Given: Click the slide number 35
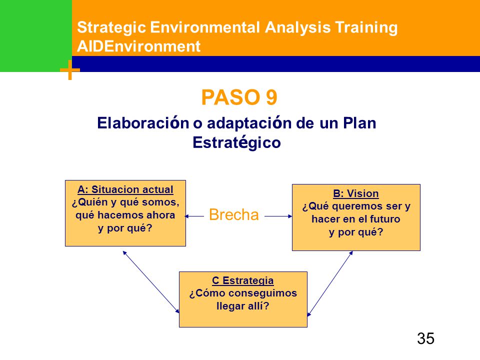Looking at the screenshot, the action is tap(425, 338).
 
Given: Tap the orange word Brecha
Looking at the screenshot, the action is tap(234, 214).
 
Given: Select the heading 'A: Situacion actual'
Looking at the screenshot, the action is tap(125, 189).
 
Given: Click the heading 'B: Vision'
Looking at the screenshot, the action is tap(355, 193).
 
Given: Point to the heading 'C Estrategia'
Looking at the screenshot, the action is tap(243, 280).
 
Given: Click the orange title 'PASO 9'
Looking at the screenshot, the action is tap(239, 97).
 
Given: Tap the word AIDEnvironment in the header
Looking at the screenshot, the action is tap(138, 46).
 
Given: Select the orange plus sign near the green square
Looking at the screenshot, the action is tap(70, 70).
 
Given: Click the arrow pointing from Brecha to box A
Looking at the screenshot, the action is tap(194, 216).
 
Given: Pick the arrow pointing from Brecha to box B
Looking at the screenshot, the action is tap(278, 216).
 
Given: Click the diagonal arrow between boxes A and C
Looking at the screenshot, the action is tap(151, 282).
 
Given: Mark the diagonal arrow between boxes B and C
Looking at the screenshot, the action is tap(330, 283).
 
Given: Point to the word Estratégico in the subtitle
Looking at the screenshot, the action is tap(236, 142).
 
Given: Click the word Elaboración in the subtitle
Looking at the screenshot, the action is tap(143, 123).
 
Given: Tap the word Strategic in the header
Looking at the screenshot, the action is tap(111, 27).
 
